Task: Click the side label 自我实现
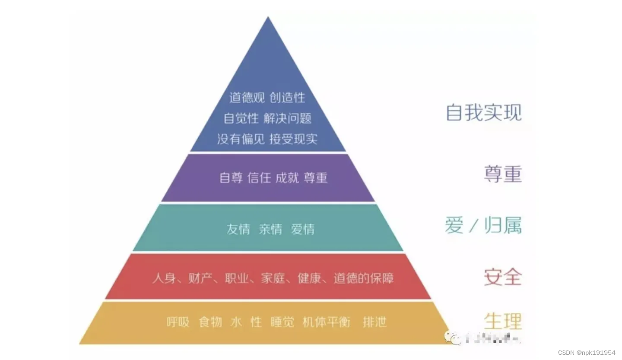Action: point(483,112)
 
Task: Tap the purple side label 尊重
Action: point(502,174)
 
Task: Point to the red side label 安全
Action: point(502,277)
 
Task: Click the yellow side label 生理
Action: point(502,321)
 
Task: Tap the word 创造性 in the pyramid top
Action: point(288,98)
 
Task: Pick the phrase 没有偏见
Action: point(241,139)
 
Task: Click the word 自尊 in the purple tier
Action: point(231,178)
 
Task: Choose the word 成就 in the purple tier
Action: point(287,178)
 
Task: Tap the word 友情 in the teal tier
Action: point(238,229)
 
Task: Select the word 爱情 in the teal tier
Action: point(303,229)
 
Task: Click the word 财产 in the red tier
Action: point(200,278)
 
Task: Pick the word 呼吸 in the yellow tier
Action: point(178,322)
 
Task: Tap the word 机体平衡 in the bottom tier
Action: point(326,322)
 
